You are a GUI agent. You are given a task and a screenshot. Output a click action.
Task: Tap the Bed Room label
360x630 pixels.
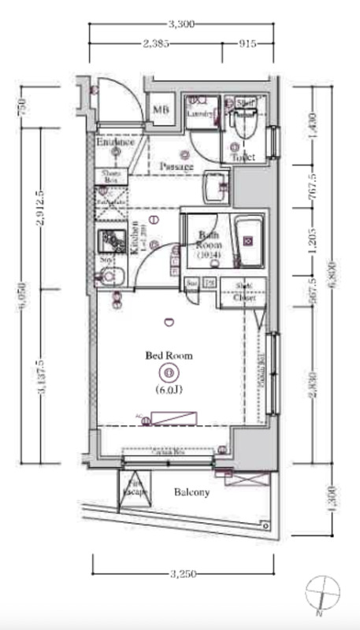click(x=169, y=356)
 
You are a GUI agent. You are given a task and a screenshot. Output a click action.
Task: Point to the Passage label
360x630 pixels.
click(x=176, y=167)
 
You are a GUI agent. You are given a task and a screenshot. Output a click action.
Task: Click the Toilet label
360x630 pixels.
click(x=243, y=157)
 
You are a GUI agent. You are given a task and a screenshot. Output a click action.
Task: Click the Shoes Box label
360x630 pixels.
click(x=109, y=177)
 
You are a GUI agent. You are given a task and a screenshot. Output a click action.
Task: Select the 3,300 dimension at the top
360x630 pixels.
click(x=182, y=24)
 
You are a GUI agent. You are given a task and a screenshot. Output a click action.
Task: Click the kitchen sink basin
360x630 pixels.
click(x=108, y=276)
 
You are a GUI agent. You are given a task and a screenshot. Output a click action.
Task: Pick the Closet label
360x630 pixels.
click(x=245, y=297)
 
